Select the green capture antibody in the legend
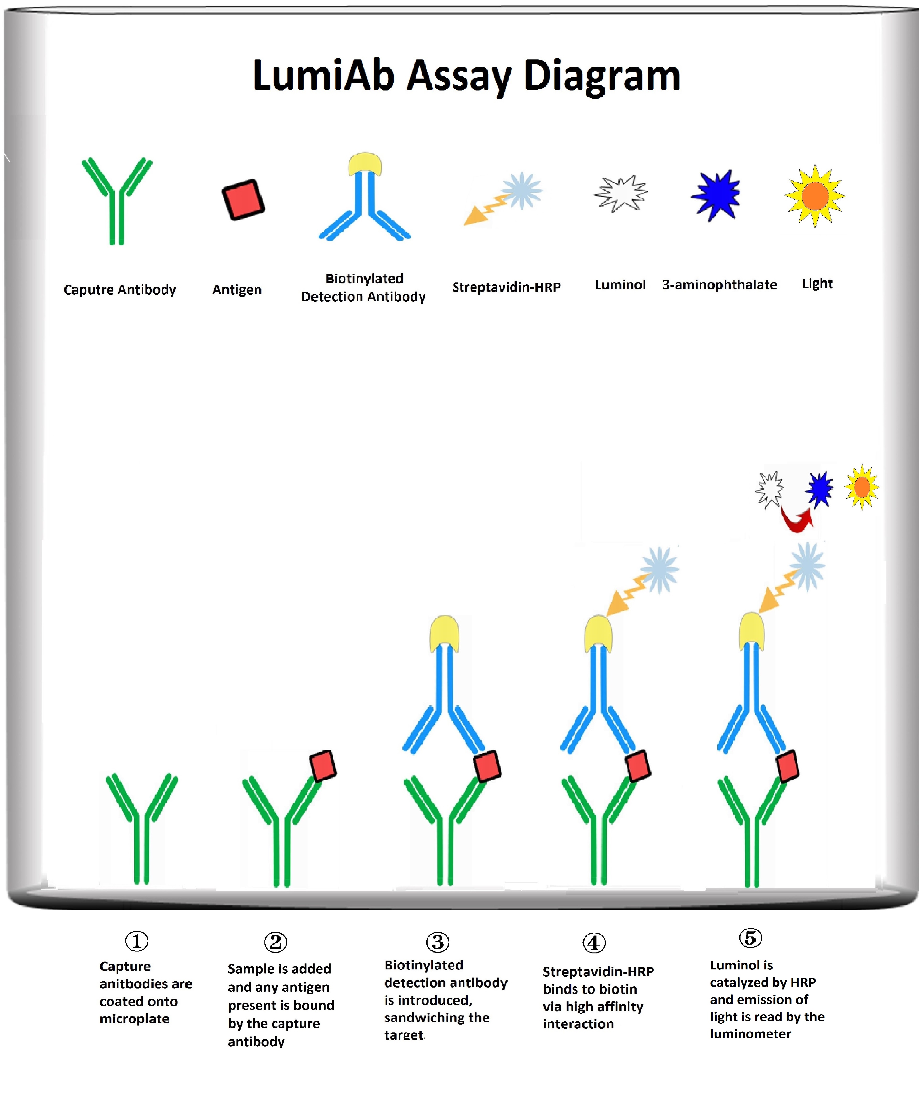[117, 200]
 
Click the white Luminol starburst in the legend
[621, 193]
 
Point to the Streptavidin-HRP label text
[506, 287]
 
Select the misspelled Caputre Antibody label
[120, 290]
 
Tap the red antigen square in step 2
[322, 765]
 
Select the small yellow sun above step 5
[861, 487]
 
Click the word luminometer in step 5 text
[750, 1034]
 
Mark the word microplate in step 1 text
[134, 1019]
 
